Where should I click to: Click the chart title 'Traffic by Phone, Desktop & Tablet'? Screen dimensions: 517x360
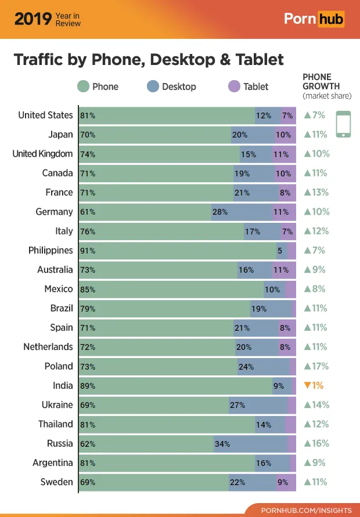click(149, 60)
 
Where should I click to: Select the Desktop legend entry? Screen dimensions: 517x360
click(171, 86)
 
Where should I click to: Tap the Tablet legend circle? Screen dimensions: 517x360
click(233, 86)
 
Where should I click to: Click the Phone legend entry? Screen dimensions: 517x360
click(98, 86)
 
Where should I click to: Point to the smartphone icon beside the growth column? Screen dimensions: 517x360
click(344, 124)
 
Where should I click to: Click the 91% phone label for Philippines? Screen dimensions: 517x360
click(88, 251)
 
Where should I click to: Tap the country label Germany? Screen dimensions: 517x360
click(54, 212)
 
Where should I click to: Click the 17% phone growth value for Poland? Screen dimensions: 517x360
click(316, 366)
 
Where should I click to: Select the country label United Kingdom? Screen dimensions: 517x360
click(42, 154)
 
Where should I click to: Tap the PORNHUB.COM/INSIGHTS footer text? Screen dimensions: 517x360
click(306, 510)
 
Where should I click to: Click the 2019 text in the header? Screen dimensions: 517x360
click(33, 19)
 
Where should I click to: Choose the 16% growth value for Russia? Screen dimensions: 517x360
click(316, 443)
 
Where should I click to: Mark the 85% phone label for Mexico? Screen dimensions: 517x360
click(88, 289)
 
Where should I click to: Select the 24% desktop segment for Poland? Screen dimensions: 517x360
click(264, 366)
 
